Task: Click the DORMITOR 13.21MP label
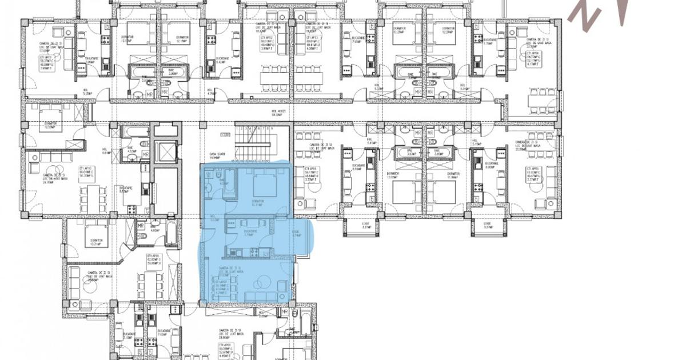(96, 242)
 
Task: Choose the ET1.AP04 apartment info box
(535, 59)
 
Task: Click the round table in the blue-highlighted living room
(264, 282)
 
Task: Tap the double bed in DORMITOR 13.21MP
(93, 230)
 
